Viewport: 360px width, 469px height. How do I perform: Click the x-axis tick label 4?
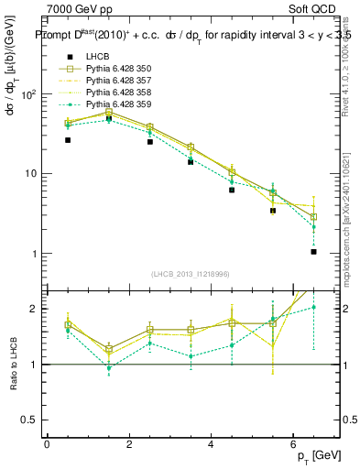pyautogui.click(x=211, y=444)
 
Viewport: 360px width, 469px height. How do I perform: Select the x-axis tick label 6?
pyautogui.click(x=293, y=444)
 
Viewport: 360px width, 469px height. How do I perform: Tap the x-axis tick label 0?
pyautogui.click(x=47, y=444)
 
